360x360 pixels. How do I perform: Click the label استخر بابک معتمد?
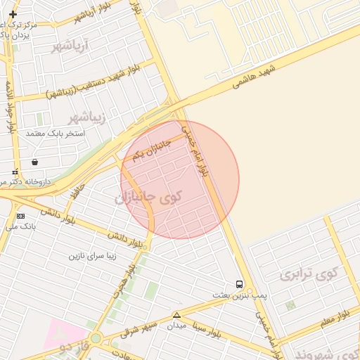tap(55, 133)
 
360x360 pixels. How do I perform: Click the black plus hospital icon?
tap(13, 14)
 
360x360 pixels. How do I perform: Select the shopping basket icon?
tap(34, 162)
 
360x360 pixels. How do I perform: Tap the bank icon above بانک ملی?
tap(20, 216)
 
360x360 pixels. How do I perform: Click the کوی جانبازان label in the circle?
tap(148, 198)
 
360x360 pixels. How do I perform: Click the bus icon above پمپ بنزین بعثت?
tap(240, 285)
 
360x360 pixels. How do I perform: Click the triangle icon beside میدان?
tap(176, 315)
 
